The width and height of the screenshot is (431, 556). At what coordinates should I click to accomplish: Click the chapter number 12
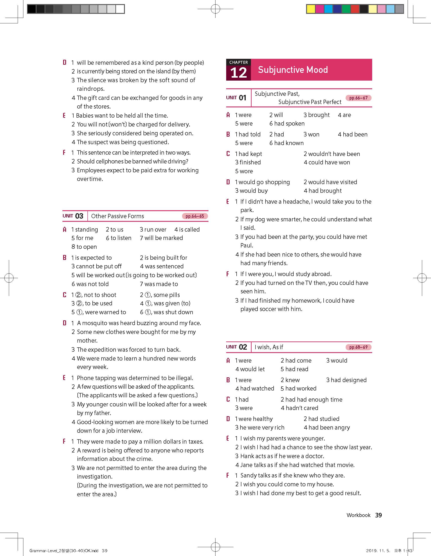point(238,73)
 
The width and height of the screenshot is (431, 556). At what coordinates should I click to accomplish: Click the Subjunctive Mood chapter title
point(293,70)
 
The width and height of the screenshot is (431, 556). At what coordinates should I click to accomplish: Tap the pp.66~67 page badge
point(358,98)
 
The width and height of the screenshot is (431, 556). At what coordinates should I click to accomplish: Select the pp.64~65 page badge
point(195,216)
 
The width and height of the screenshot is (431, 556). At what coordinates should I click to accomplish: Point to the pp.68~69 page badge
point(358,347)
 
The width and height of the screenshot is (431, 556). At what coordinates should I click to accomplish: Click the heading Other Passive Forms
point(117,216)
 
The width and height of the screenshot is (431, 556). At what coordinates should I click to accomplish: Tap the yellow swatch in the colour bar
point(311,9)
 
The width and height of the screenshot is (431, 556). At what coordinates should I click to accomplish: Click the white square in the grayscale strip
point(120,9)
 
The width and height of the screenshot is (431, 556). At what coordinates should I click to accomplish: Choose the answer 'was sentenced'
point(164,266)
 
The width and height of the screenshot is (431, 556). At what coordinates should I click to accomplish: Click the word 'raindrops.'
point(91,89)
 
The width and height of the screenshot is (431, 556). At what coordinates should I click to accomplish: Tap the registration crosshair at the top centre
point(215,9)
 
